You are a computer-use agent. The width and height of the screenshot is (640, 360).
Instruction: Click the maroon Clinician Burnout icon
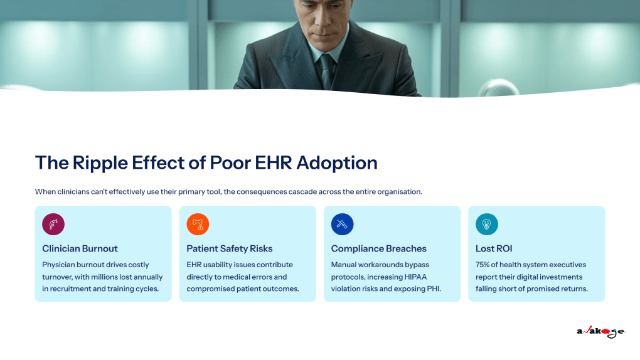coord(53,224)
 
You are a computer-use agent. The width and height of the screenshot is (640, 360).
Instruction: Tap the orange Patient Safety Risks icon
coord(198,224)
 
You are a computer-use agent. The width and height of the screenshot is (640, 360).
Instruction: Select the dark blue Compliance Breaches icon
coord(342,224)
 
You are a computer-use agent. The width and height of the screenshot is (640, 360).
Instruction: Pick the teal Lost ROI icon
coord(486,224)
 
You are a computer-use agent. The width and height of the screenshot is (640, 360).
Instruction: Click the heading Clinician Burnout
coord(80,248)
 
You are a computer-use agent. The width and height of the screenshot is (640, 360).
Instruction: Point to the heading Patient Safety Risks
coord(230,248)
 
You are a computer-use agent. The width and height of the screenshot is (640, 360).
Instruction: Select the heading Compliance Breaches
coord(379,248)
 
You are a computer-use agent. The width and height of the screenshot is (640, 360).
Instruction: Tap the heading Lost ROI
coord(494,248)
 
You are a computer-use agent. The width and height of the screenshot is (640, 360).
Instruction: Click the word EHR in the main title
coord(274,163)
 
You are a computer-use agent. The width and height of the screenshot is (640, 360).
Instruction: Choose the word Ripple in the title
coord(100,163)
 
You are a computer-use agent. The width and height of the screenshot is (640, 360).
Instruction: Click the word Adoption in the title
coord(337,163)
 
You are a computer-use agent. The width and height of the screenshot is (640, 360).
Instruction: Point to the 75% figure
coord(483,265)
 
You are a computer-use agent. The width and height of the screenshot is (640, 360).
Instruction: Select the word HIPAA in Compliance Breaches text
coord(415,277)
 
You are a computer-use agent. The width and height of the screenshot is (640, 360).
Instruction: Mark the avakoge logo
coord(601,331)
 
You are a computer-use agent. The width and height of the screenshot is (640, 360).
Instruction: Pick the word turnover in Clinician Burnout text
coord(57,277)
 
